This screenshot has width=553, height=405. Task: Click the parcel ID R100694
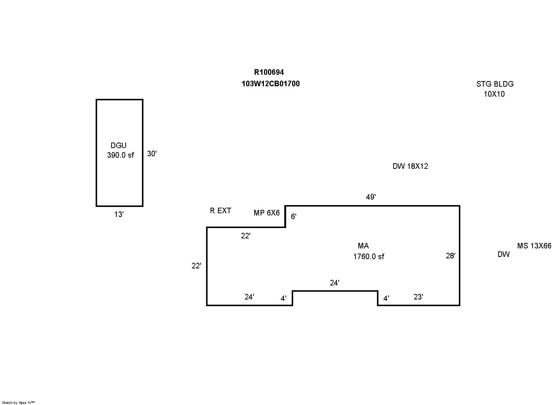click(x=269, y=72)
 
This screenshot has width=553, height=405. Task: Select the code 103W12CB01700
click(x=271, y=84)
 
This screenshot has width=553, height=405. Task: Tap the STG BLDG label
click(x=495, y=84)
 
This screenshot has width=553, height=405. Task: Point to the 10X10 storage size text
click(x=494, y=94)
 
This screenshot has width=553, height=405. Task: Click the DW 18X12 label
click(x=410, y=166)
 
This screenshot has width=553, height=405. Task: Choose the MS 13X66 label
click(x=534, y=246)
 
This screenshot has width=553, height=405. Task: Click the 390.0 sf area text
click(x=120, y=155)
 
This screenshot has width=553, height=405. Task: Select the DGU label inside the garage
click(x=119, y=145)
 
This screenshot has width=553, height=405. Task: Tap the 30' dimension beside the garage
click(x=152, y=154)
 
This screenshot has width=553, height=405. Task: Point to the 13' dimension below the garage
click(x=119, y=214)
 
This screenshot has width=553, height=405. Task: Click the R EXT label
click(x=221, y=211)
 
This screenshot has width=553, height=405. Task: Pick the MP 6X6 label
click(x=266, y=213)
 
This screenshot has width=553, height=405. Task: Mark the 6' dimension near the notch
click(x=294, y=217)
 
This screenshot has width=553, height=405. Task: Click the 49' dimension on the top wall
click(x=371, y=197)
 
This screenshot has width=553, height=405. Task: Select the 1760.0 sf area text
click(x=368, y=256)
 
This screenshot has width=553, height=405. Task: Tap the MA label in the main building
click(x=363, y=246)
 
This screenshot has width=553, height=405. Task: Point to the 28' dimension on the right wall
click(x=450, y=255)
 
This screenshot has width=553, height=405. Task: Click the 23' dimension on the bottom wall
click(x=418, y=297)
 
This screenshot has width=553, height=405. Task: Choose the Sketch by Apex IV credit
click(x=18, y=402)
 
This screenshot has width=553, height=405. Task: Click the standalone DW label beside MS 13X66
click(x=503, y=254)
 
